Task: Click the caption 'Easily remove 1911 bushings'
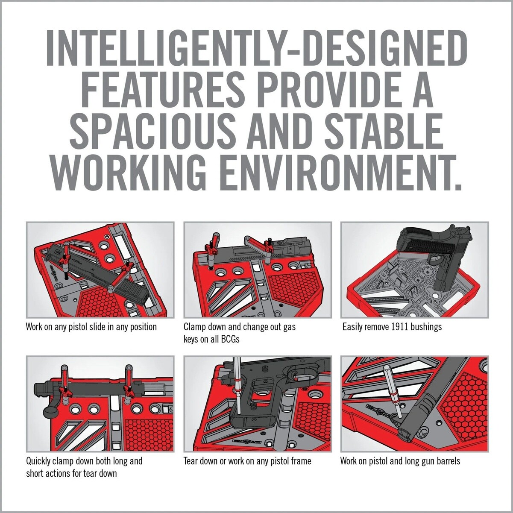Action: coord(392,327)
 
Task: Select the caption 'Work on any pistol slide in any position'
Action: coord(91,327)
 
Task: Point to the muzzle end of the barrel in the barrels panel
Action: coord(405,432)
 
